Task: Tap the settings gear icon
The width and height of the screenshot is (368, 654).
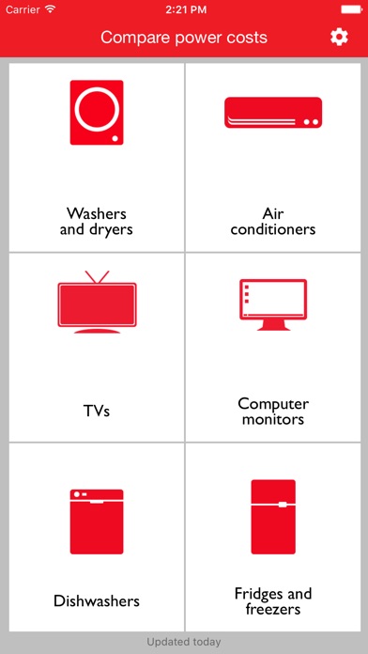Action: click(x=339, y=38)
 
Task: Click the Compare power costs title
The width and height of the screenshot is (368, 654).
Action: click(x=184, y=38)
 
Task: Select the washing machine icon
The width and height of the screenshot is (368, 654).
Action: click(x=97, y=113)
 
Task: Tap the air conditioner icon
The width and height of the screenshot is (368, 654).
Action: click(x=273, y=113)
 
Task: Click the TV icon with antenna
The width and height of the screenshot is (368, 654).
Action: click(x=97, y=302)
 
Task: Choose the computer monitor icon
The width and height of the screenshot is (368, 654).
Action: click(x=273, y=304)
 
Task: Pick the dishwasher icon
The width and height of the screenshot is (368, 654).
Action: click(x=97, y=522)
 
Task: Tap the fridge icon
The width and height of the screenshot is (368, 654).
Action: click(x=273, y=517)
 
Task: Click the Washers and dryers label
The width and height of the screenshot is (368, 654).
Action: click(x=97, y=221)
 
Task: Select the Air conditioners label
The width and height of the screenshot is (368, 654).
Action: click(x=273, y=221)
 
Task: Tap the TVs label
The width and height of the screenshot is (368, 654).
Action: click(x=97, y=412)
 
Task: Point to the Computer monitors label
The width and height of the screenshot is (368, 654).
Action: click(x=273, y=412)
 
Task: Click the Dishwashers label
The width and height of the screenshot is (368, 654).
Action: click(x=97, y=601)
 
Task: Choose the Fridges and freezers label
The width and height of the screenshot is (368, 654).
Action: click(x=273, y=601)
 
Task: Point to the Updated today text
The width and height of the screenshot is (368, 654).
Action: click(x=184, y=642)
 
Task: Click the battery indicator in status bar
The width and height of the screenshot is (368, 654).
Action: click(x=351, y=9)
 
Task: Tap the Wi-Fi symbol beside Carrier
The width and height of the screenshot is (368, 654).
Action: click(x=51, y=9)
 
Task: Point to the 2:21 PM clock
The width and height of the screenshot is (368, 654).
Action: click(x=186, y=9)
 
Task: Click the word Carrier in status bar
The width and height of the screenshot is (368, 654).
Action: click(x=23, y=9)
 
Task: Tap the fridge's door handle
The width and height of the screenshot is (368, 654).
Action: click(x=283, y=505)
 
